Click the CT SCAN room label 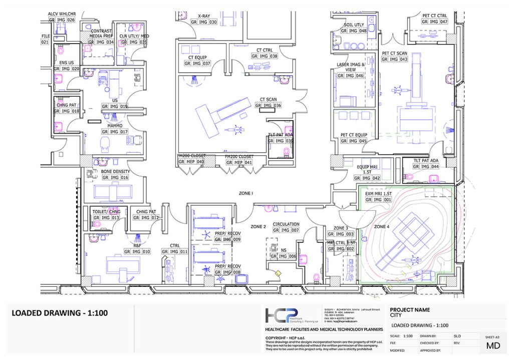click(269, 100)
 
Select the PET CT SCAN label click(395, 53)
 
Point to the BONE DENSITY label click(115, 172)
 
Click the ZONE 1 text click(245, 193)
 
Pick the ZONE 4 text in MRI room click(381, 227)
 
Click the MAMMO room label click(115, 126)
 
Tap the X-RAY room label click(204, 16)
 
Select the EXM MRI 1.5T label click(378, 193)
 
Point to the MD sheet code click(493, 346)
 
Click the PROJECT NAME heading click(410, 310)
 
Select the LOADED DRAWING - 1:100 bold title click(60, 314)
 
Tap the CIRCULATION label click(286, 224)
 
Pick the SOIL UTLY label click(354, 25)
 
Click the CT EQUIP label click(197, 58)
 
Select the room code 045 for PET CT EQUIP click(362, 141)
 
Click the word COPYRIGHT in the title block click(279, 339)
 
